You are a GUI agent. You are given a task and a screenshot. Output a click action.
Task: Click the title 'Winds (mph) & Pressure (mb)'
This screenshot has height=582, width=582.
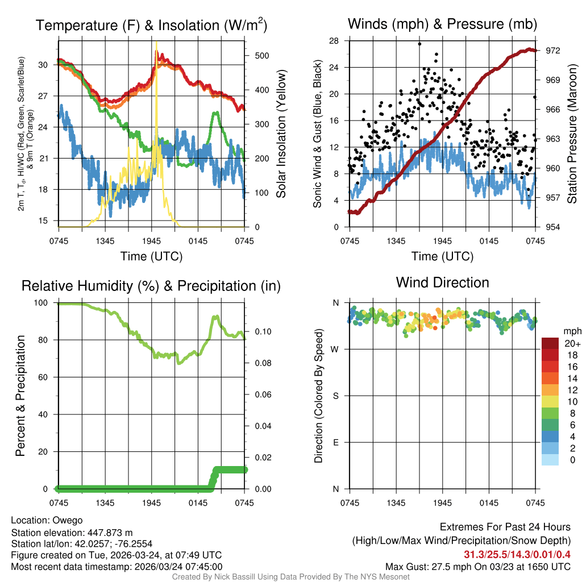[x=442, y=24]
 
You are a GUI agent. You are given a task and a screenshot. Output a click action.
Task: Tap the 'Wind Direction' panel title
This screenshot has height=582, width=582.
[x=442, y=282]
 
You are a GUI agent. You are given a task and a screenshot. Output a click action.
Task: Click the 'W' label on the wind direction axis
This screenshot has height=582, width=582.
[x=335, y=349]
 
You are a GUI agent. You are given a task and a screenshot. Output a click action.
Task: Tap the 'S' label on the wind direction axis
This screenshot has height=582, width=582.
[x=335, y=396]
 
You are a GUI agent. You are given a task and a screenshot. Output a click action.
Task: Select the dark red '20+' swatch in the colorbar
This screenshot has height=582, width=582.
[x=550, y=343]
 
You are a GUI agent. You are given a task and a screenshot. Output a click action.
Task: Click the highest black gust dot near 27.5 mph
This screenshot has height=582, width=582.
[x=419, y=44]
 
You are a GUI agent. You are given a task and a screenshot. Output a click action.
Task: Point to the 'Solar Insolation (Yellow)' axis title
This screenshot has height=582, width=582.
[x=281, y=134]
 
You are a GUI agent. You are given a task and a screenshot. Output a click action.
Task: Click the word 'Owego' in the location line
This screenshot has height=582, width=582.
[x=68, y=520]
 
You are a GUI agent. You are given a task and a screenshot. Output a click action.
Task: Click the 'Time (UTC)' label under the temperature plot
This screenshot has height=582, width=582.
[x=151, y=256]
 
